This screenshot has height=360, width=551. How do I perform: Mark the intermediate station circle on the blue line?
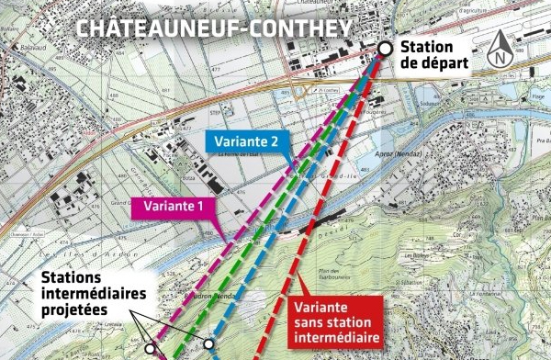tap(209, 344)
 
